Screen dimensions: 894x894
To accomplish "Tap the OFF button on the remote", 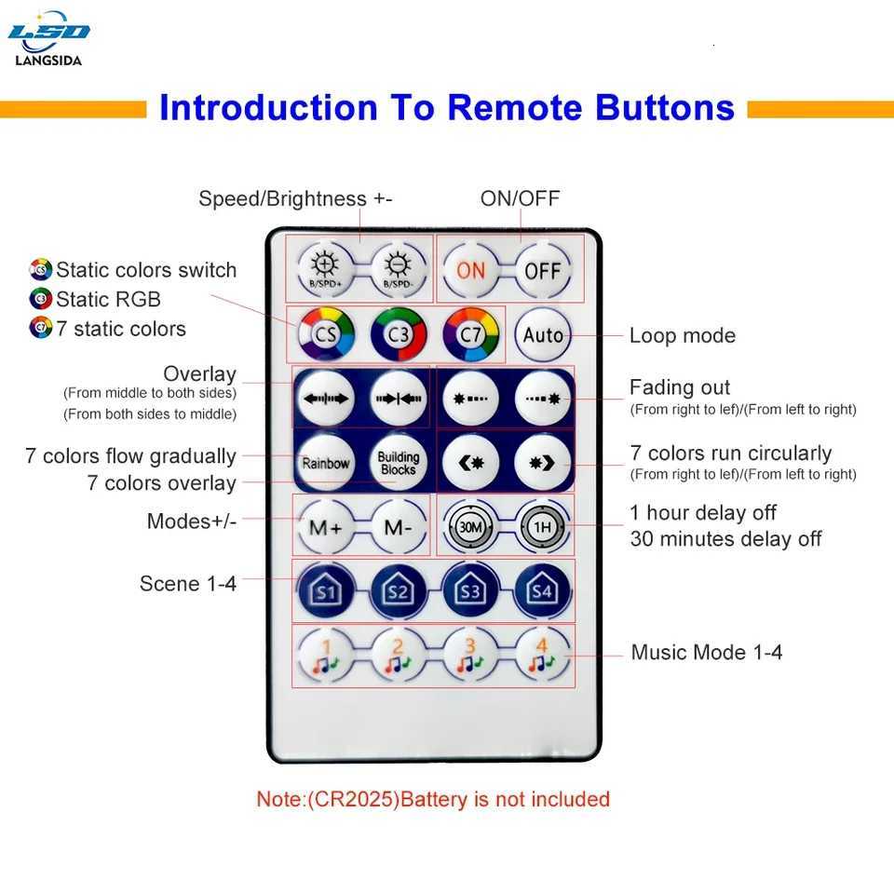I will coord(543,270).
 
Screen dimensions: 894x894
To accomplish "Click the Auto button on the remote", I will coord(543,334).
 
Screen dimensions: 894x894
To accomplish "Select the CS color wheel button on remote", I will coord(326,334).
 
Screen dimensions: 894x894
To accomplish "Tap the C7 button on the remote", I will coord(470,334).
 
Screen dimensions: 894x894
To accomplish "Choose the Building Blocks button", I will coord(398,463).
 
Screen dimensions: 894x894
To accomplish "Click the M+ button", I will coord(326,527).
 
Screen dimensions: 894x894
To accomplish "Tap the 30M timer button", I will coord(471,527).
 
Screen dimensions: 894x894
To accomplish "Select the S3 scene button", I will coord(471,591).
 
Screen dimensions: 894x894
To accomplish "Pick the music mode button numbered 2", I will coord(399,656).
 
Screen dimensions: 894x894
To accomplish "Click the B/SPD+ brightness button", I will coord(326,270).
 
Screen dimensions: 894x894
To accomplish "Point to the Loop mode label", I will coord(682,335).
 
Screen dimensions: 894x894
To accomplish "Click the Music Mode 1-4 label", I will coord(707,652).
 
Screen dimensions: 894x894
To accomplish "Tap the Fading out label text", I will coord(680,387).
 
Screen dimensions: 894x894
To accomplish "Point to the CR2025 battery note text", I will coord(433,799).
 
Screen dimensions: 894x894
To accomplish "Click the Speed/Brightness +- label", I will coord(295,198).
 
